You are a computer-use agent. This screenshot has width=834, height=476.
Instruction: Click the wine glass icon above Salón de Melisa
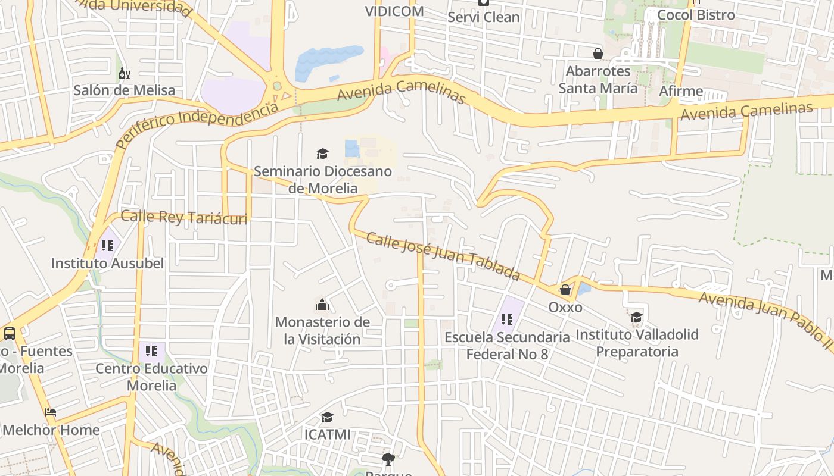(x=124, y=74)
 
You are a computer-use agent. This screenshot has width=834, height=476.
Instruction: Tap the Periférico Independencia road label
(x=197, y=125)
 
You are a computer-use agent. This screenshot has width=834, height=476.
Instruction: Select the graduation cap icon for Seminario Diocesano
(x=322, y=154)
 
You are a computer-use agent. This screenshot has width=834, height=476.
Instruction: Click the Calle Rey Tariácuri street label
(x=183, y=217)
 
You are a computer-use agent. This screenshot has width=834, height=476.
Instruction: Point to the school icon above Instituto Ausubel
(x=107, y=246)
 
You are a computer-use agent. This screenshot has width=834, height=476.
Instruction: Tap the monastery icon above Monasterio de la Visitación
(x=322, y=305)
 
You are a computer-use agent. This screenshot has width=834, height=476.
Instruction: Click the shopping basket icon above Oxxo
(x=565, y=290)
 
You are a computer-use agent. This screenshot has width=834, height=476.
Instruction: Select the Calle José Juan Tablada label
(x=443, y=256)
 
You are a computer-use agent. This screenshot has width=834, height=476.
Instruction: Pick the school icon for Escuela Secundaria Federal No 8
(x=507, y=320)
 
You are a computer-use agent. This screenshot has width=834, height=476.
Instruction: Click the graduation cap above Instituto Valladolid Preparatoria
(x=636, y=317)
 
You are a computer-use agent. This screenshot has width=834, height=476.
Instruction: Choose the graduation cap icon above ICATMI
(x=327, y=418)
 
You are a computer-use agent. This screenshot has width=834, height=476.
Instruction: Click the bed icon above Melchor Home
(x=51, y=412)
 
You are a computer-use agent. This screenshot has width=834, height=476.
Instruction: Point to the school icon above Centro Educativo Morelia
(x=151, y=351)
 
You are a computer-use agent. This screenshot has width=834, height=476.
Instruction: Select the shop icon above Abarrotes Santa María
(x=598, y=54)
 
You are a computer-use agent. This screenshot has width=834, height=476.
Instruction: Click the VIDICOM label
(x=394, y=11)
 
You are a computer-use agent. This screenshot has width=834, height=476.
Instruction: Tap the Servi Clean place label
(x=484, y=17)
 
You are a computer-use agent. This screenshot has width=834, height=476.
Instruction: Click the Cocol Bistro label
(x=696, y=15)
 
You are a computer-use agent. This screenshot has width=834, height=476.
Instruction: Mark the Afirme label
(x=681, y=91)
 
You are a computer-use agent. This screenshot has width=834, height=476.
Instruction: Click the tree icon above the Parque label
(x=388, y=459)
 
